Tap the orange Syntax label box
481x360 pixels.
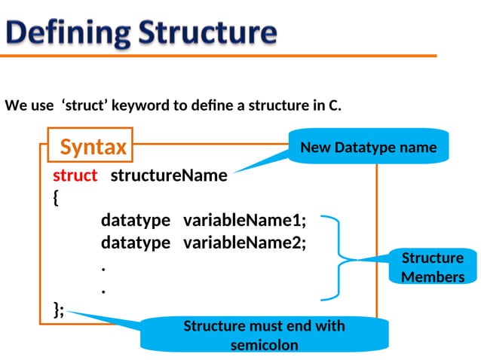point(93,146)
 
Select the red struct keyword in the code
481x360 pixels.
point(75,175)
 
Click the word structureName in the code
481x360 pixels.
point(169,175)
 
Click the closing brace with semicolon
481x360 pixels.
point(59,310)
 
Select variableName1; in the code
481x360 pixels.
point(245,221)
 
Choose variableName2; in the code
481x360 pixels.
point(245,243)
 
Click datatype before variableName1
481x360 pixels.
point(136,221)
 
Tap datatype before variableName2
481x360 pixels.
point(136,243)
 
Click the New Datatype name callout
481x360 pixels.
point(368,147)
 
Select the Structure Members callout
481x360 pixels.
point(433,267)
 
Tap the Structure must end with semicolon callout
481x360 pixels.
point(264,335)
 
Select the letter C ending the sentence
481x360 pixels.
point(334,105)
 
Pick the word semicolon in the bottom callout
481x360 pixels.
point(264,345)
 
